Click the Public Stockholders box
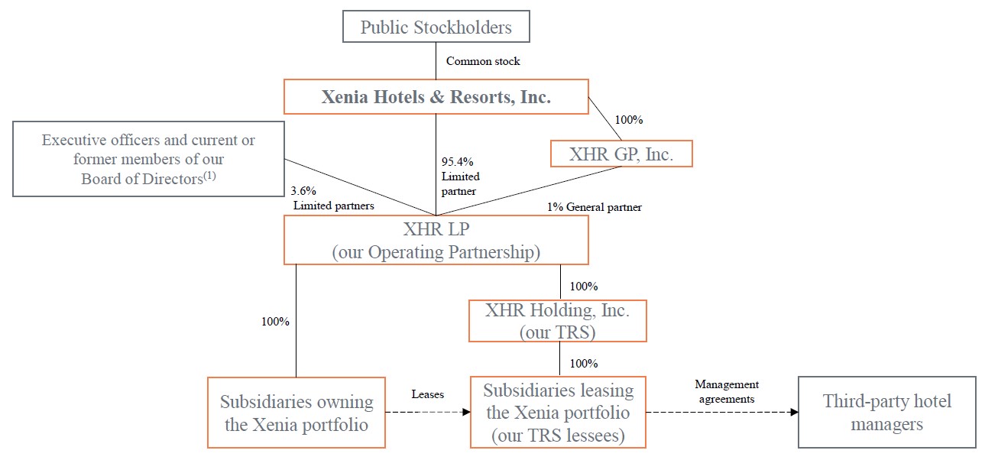[x=436, y=28]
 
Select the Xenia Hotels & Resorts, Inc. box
[x=436, y=97]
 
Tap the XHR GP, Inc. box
[x=621, y=154]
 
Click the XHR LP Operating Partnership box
[x=436, y=239]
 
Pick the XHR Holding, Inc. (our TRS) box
[x=557, y=321]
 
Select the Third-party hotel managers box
[x=886, y=412]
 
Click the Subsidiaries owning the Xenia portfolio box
[x=296, y=412]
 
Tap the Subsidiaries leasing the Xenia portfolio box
[x=558, y=412]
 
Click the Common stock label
[x=483, y=61]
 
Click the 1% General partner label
[x=594, y=207]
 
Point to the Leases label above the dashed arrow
[x=427, y=394]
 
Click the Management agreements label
[x=726, y=391]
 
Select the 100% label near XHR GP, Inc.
[x=629, y=120]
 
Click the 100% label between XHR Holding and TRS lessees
[x=584, y=363]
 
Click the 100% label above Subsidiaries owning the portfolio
[x=275, y=322]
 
